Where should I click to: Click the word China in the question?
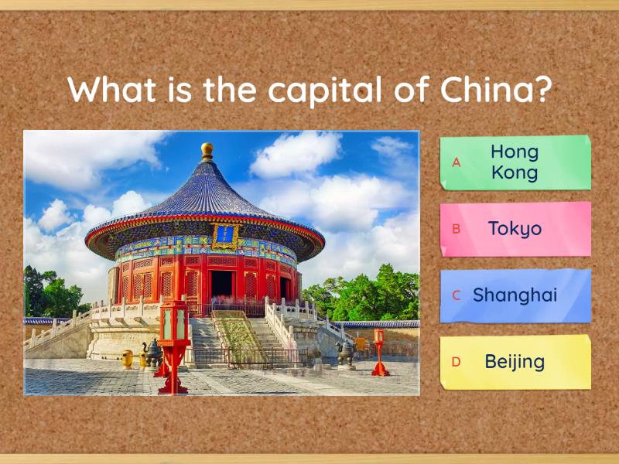click(486, 90)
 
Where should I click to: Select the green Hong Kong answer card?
click(515, 162)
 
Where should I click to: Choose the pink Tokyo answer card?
click(515, 229)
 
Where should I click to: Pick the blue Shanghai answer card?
click(515, 295)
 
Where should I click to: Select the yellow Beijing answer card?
click(515, 362)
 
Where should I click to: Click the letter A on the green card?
click(457, 162)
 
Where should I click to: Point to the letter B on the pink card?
click(457, 229)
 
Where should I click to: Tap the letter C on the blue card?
click(457, 295)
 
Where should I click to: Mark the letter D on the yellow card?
click(457, 362)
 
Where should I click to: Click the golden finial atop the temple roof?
click(207, 150)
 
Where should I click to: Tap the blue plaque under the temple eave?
click(224, 234)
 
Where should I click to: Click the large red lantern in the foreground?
click(173, 333)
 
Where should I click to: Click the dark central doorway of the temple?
click(221, 285)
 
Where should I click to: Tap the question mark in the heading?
click(542, 90)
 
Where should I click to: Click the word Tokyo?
click(515, 229)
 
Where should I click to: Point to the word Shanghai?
click(515, 295)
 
